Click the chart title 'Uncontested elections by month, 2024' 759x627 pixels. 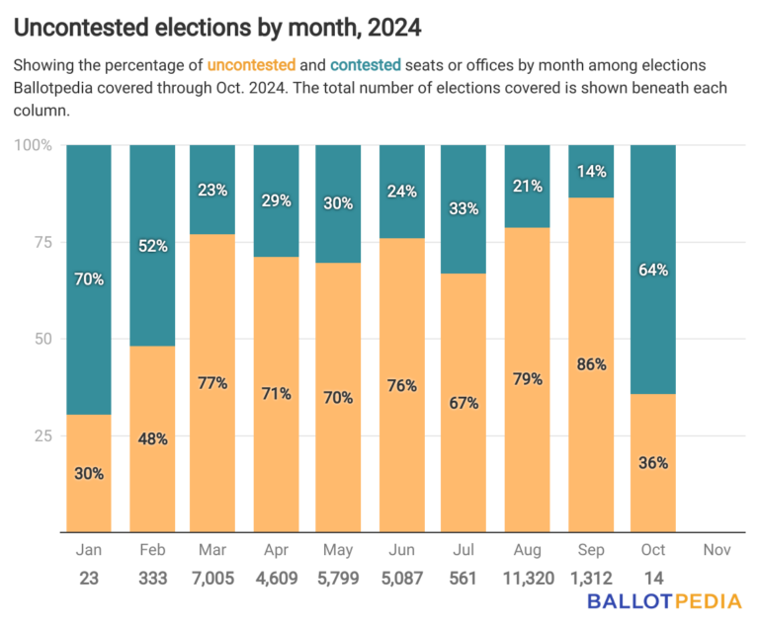(218, 28)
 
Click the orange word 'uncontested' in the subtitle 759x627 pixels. (251, 65)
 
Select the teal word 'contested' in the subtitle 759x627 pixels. (365, 65)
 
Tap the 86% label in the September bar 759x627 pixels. (590, 364)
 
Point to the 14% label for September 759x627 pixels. (590, 170)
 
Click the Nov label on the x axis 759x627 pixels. (716, 549)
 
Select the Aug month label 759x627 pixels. (527, 549)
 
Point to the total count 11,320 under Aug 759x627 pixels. (527, 578)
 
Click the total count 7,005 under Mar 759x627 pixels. (211, 578)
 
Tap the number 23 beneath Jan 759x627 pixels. (88, 578)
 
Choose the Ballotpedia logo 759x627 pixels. (664, 603)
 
